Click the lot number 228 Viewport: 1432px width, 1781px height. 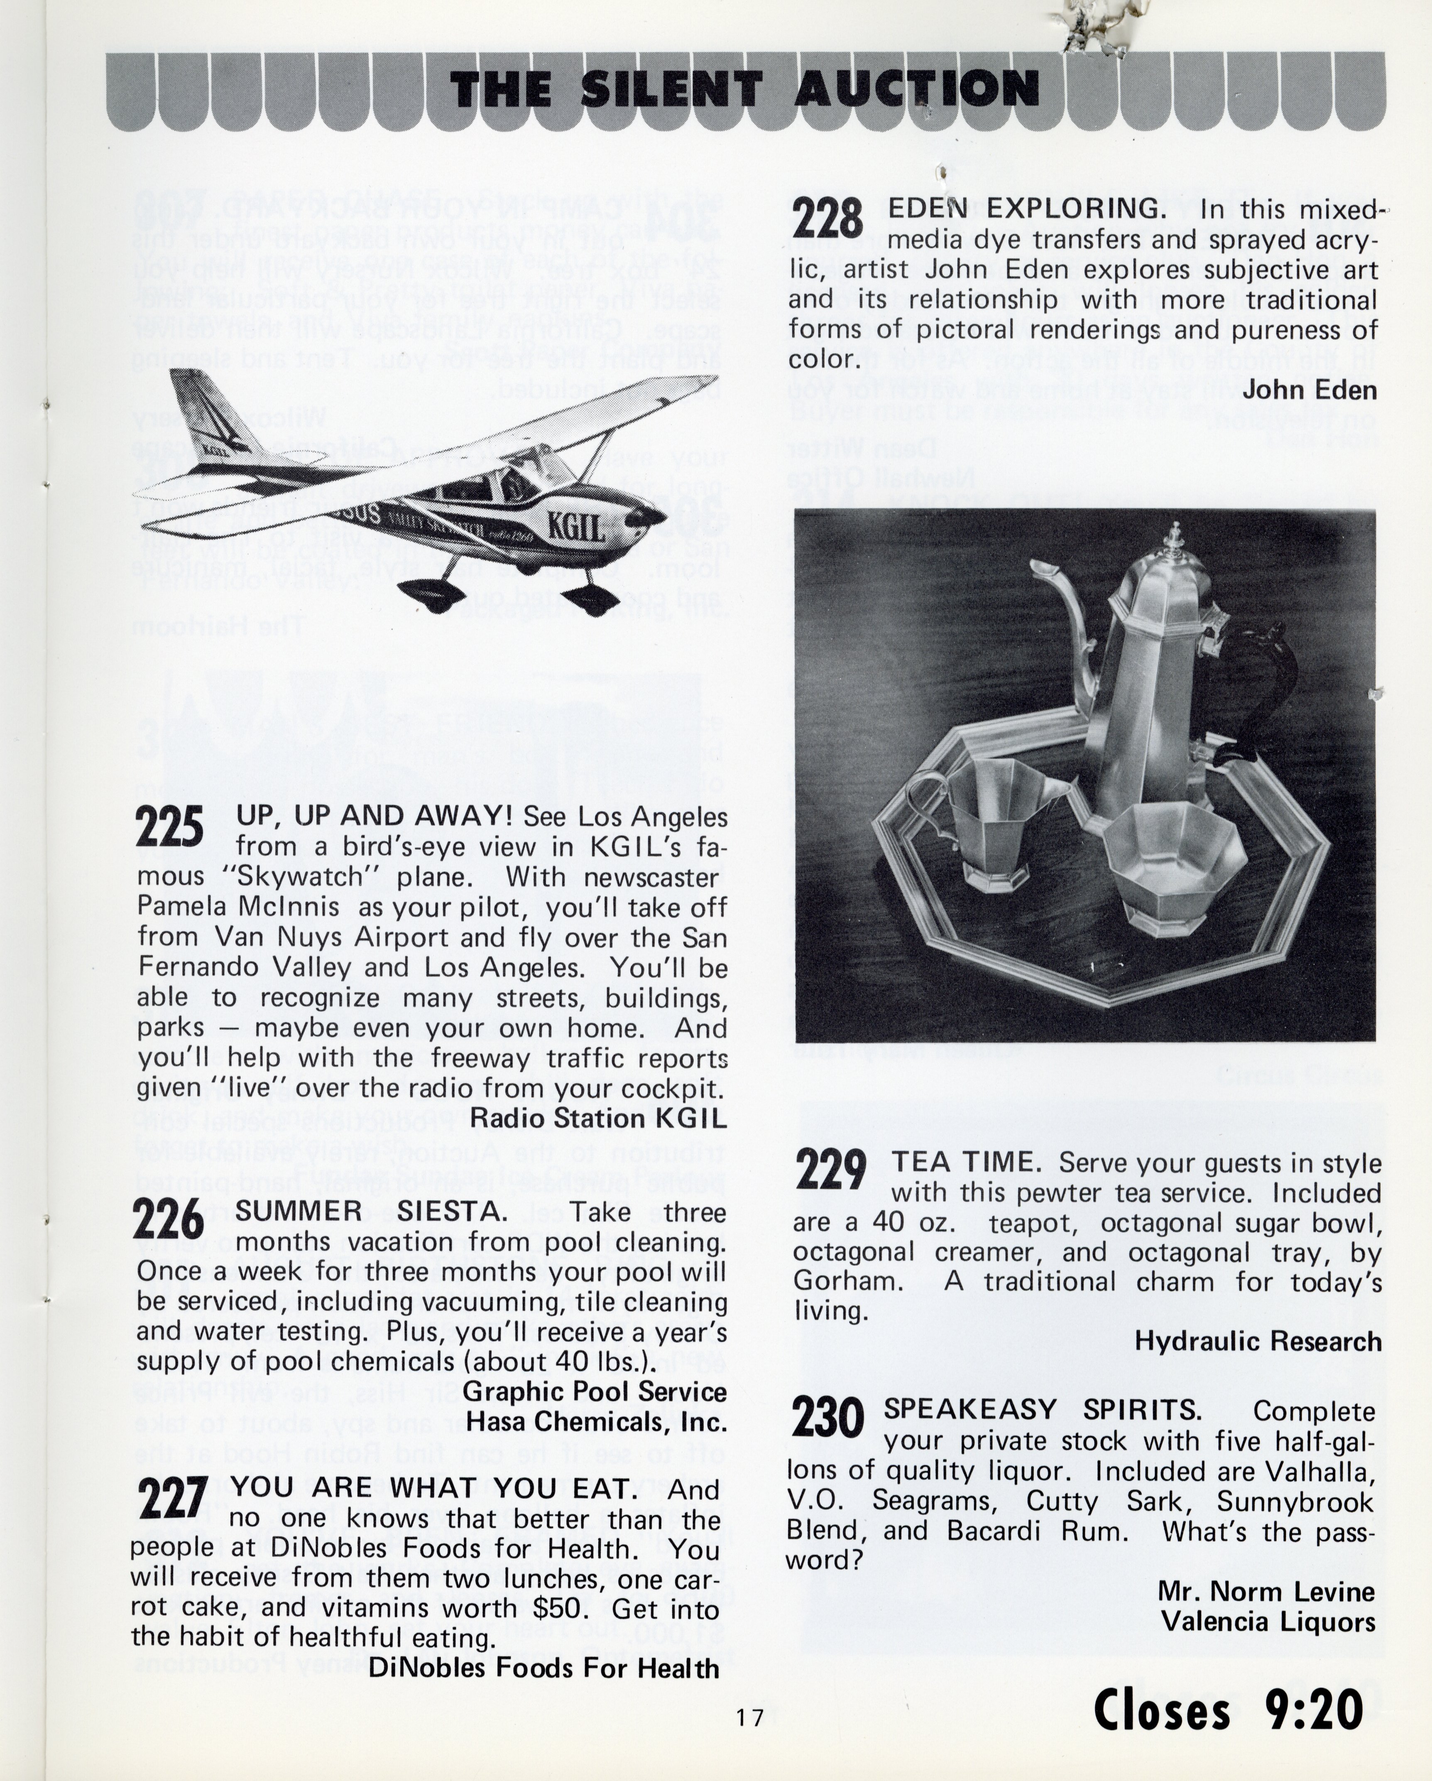coord(828,219)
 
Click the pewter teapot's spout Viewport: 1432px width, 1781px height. coord(1061,603)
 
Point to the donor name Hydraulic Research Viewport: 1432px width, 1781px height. coord(1257,1341)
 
